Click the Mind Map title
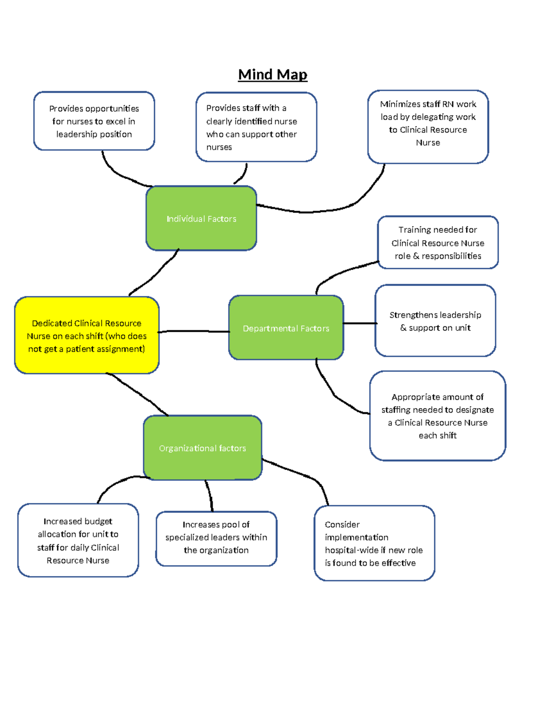tap(272, 74)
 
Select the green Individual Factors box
tap(201, 218)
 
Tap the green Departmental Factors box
tap(286, 328)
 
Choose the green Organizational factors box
tap(203, 448)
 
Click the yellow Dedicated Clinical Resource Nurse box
tap(87, 336)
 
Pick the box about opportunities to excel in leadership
tap(94, 121)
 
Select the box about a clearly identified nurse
tap(256, 127)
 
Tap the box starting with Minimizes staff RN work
tap(428, 127)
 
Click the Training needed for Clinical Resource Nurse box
tap(438, 242)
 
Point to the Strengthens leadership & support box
tap(435, 321)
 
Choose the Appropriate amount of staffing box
tap(437, 416)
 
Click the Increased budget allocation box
tap(78, 540)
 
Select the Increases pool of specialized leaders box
tap(216, 538)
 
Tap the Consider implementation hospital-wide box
tap(374, 543)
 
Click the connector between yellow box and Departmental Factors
tap(194, 331)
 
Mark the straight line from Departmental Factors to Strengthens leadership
tap(360, 323)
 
